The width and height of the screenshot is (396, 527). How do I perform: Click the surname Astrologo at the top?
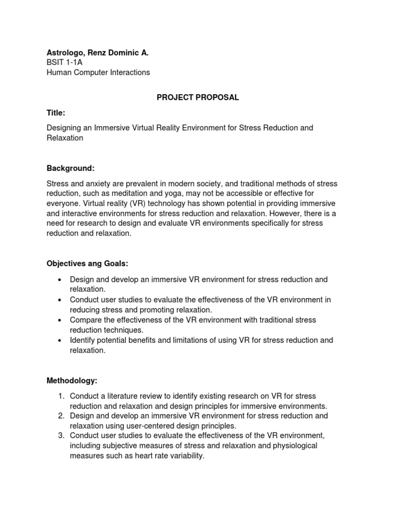tap(65, 52)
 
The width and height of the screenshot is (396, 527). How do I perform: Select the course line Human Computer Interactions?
tap(98, 73)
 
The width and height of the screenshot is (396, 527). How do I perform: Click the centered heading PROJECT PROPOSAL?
tap(198, 97)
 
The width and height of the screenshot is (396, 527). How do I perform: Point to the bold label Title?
tap(56, 113)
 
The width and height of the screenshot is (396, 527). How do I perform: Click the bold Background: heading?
tap(71, 168)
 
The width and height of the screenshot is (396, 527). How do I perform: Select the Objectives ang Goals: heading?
tap(87, 263)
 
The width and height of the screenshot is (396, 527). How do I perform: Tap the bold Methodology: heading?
tap(72, 381)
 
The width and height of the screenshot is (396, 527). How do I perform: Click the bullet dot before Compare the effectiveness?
tap(60, 320)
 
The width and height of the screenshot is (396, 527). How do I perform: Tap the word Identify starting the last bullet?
tap(84, 340)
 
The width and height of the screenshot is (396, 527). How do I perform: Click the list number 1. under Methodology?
tap(60, 396)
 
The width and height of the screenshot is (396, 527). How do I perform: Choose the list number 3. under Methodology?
tap(60, 436)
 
